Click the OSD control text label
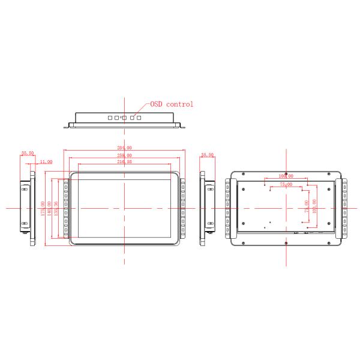tap(172, 104)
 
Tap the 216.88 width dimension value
tap(125, 161)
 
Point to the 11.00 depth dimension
tap(46, 161)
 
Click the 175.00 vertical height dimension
tap(43, 208)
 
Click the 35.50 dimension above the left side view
tap(27, 154)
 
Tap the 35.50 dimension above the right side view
tap(208, 155)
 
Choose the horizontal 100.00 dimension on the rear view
tap(286, 176)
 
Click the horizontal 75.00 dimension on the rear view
tap(286, 185)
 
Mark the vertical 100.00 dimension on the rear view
tap(314, 207)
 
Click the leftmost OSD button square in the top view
tap(110, 118)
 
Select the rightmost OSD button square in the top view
tap(139, 118)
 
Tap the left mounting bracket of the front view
tap(66, 208)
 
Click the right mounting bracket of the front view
tap(182, 208)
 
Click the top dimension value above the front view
tap(125, 148)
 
